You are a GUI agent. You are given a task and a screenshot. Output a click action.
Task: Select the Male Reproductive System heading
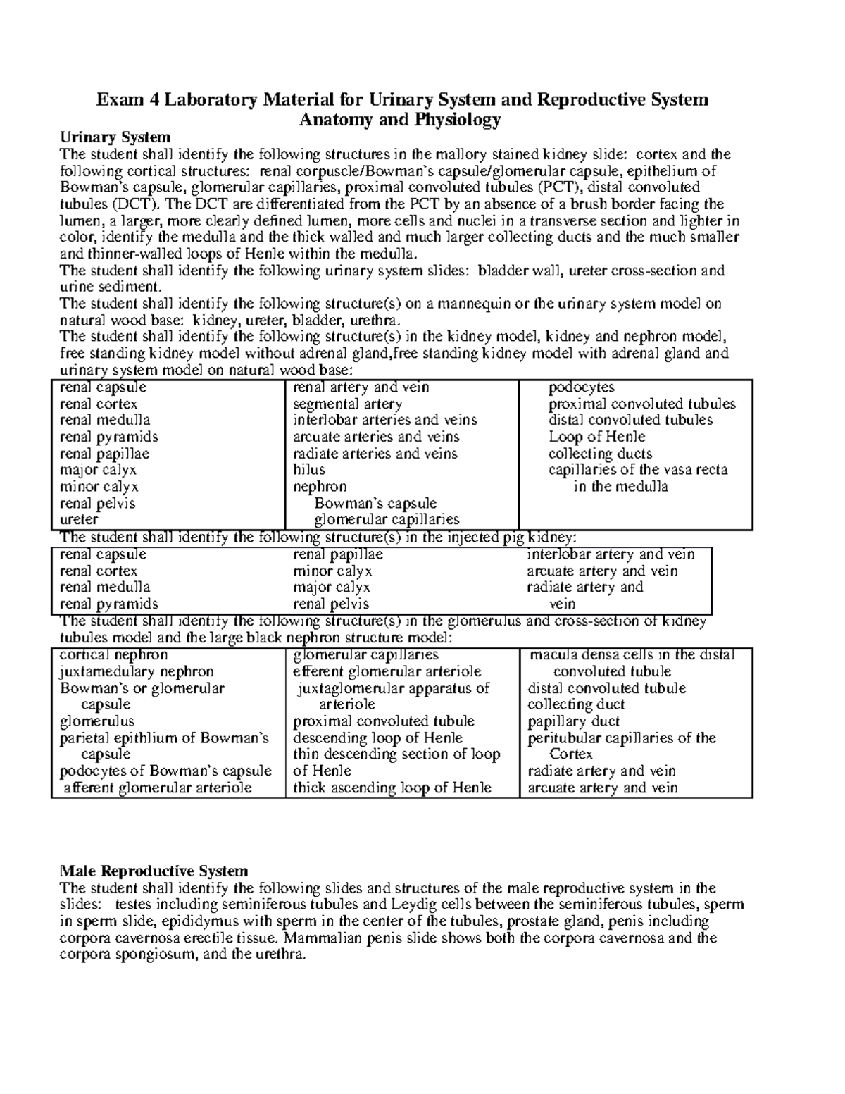click(154, 871)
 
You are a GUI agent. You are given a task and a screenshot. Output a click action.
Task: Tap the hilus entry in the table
click(309, 470)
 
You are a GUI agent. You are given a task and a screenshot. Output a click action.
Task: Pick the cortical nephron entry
click(113, 655)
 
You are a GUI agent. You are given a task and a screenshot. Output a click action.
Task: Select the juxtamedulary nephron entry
click(137, 671)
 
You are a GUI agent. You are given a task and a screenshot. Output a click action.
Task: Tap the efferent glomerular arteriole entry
click(387, 671)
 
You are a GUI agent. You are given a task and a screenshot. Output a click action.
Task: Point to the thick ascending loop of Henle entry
click(392, 788)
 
